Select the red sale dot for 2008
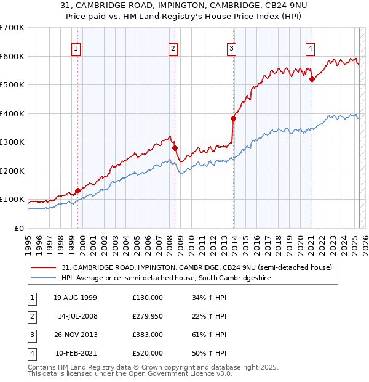pyautogui.click(x=175, y=148)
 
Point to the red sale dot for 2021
pyautogui.click(x=312, y=79)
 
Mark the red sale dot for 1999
pyautogui.click(x=78, y=191)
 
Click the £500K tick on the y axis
pyautogui.click(x=12, y=84)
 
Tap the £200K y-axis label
pyautogui.click(x=12, y=171)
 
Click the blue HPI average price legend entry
pyautogui.click(x=166, y=278)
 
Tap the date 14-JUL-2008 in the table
pyautogui.click(x=77, y=316)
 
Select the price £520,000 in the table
pyautogui.click(x=148, y=353)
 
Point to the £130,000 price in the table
pyautogui.click(x=148, y=298)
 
